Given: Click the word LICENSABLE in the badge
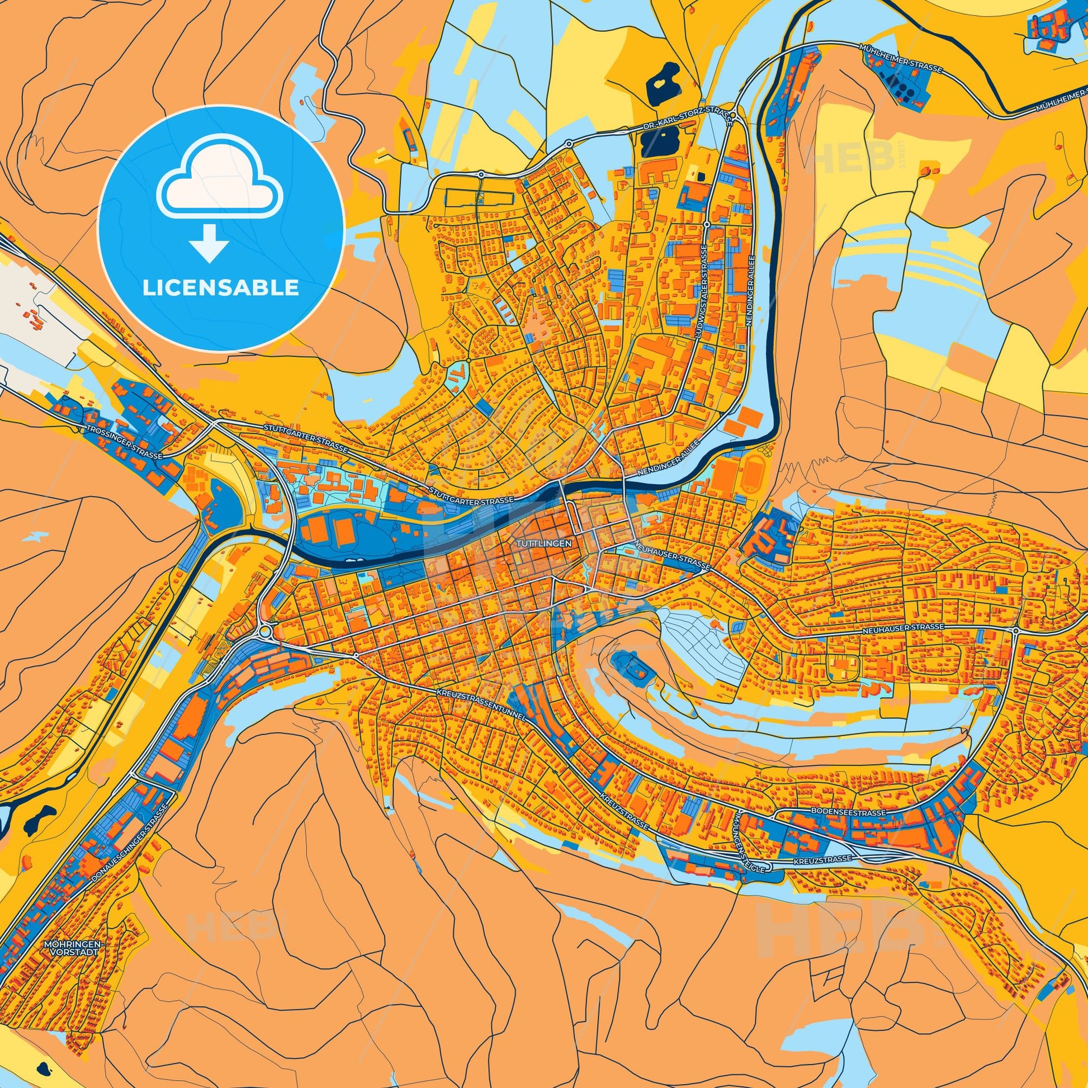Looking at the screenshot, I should coord(220,288).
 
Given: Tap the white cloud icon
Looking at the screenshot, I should coord(220,190).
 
